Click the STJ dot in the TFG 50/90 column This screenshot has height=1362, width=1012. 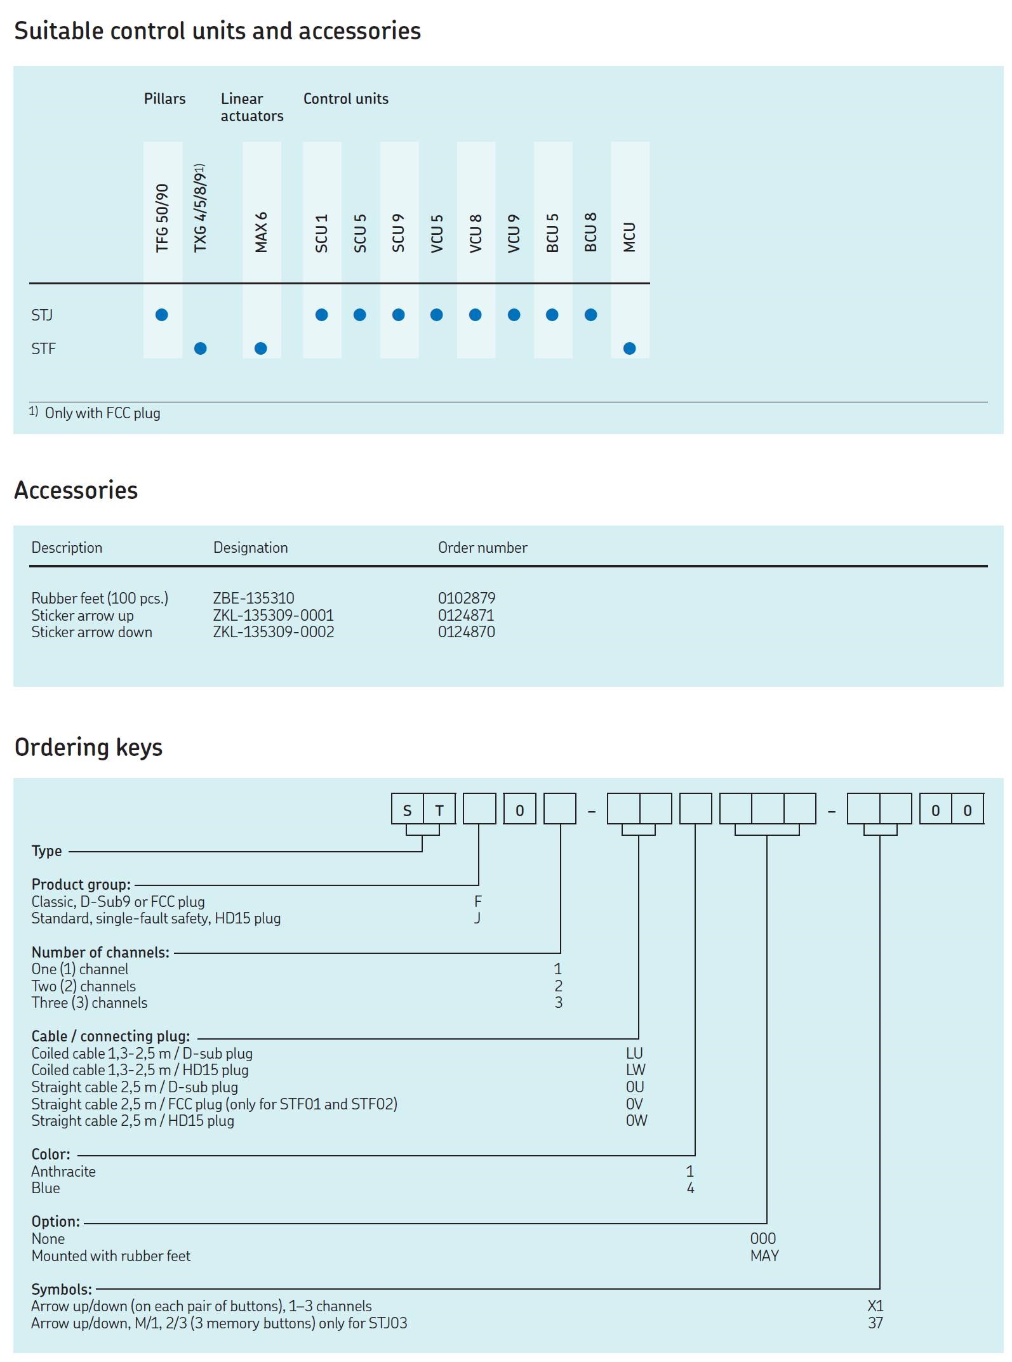162,315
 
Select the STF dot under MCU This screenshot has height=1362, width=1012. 629,348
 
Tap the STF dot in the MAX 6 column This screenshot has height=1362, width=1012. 260,348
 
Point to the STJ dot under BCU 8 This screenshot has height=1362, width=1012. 590,315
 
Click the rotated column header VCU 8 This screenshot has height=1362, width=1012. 476,233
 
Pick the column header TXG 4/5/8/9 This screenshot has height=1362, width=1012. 201,208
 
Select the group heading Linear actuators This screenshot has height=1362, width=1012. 251,107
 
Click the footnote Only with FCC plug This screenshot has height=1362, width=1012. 102,413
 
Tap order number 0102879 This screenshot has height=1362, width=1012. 466,598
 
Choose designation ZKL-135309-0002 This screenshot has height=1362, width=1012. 273,632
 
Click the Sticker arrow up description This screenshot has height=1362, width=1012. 83,615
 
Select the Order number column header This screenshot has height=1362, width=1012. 483,548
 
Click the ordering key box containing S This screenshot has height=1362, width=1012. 408,810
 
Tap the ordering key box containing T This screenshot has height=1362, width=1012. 439,810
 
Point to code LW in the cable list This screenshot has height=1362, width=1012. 635,1070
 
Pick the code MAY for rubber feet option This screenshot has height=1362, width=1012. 764,1255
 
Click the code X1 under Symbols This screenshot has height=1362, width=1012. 876,1306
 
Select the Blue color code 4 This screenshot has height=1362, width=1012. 690,1188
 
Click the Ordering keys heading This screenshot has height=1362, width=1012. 88,747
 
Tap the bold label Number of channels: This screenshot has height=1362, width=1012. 100,952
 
